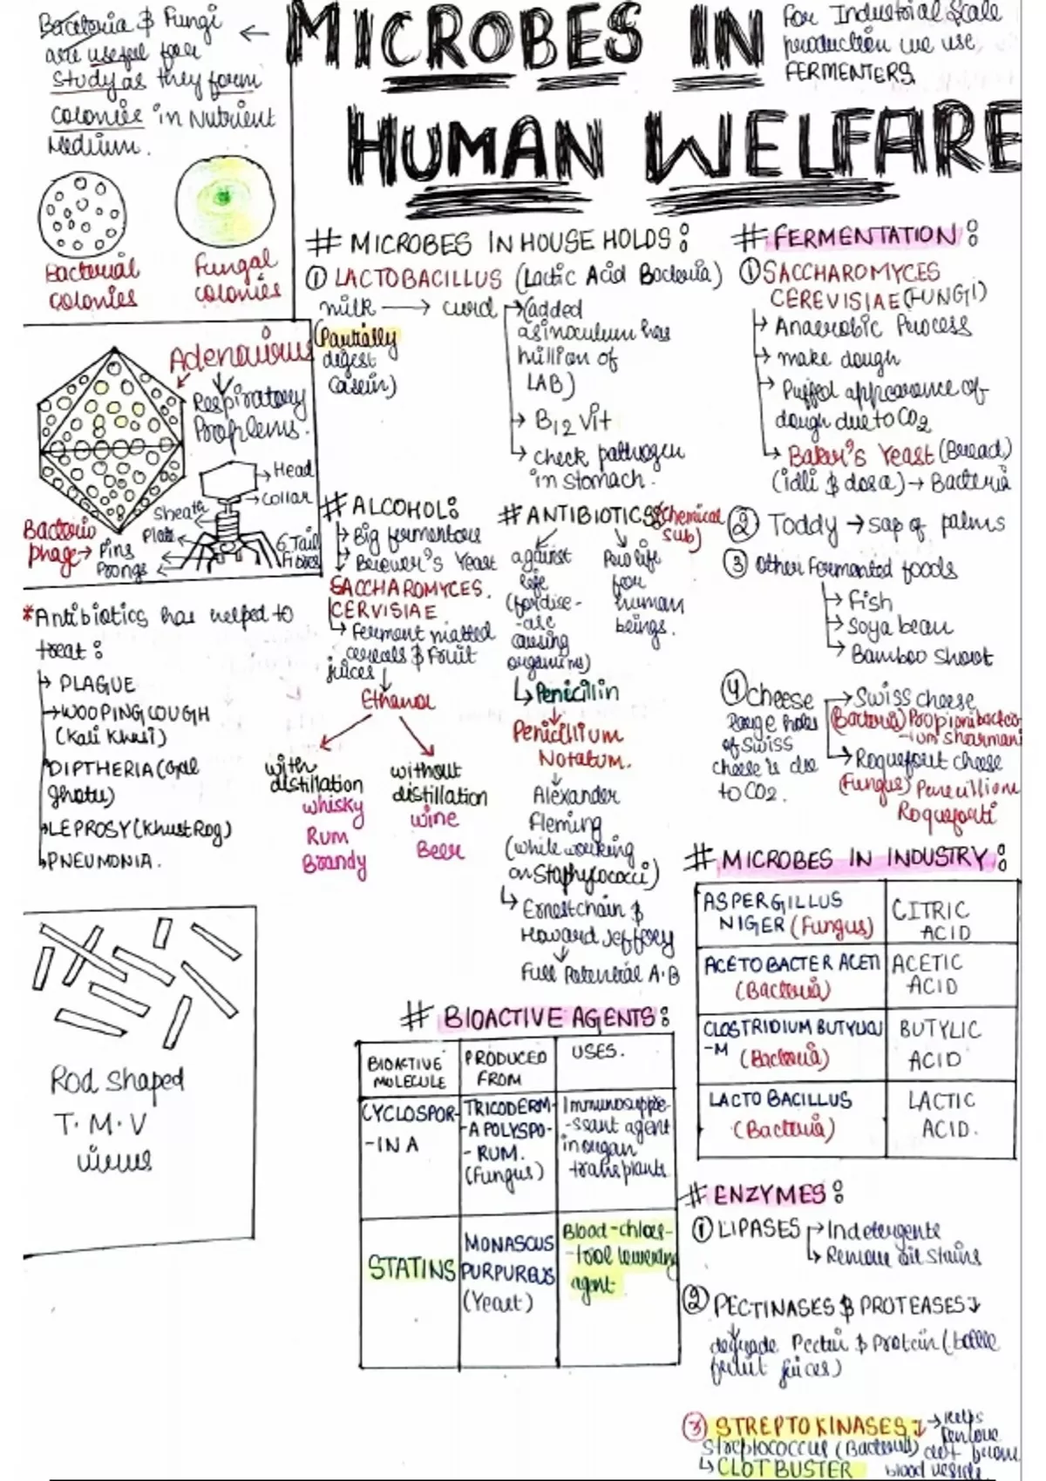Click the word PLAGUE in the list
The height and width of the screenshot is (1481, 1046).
point(97,685)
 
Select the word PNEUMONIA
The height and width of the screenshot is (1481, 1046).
point(104,862)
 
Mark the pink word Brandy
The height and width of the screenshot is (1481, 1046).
point(335,863)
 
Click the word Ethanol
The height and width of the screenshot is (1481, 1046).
point(397,701)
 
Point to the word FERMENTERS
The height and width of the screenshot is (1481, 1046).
point(849,73)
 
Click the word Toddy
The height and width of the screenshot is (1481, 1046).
point(802,525)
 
